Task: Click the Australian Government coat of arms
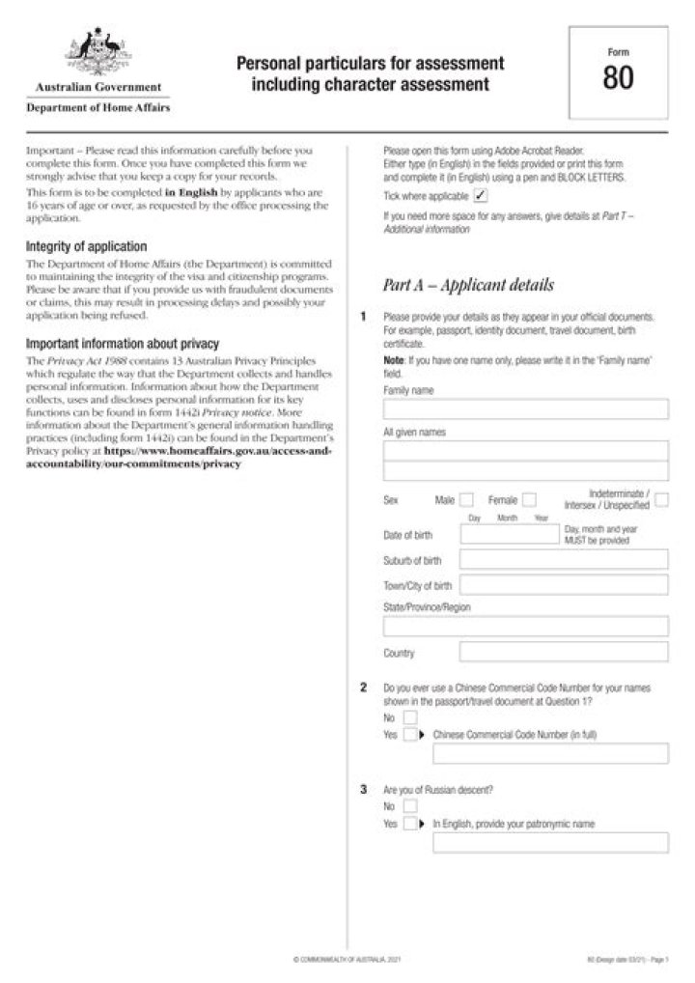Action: tap(97, 53)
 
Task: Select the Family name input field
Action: tap(525, 409)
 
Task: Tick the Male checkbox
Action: tap(467, 500)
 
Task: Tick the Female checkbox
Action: tap(529, 500)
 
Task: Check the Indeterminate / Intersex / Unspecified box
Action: tap(661, 499)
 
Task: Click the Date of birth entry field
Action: tap(509, 535)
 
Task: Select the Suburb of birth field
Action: tap(564, 560)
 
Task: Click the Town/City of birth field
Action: tap(564, 585)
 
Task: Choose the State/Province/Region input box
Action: tap(525, 626)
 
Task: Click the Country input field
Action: tap(564, 652)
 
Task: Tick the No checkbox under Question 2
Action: tap(410, 717)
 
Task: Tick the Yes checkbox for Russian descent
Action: tap(410, 824)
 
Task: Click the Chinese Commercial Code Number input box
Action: tap(550, 754)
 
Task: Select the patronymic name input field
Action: tap(550, 843)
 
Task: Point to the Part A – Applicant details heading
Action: tap(468, 286)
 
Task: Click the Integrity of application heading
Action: tap(86, 247)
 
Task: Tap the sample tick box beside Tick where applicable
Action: tap(481, 195)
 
